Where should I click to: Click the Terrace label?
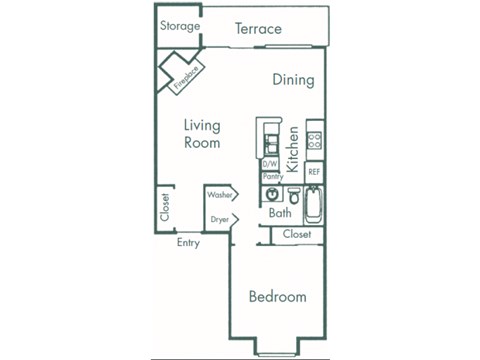pyautogui.click(x=258, y=29)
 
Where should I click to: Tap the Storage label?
pyautogui.click(x=180, y=26)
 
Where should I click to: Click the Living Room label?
pyautogui.click(x=201, y=134)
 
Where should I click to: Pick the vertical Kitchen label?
pyautogui.click(x=294, y=149)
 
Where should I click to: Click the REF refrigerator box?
pyautogui.click(x=314, y=172)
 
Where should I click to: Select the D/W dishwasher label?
pyautogui.click(x=269, y=164)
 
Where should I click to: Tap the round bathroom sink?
pyautogui.click(x=270, y=195)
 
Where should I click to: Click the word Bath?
pyautogui.click(x=280, y=213)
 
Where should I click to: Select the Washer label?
pyautogui.click(x=219, y=195)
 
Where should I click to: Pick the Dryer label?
pyautogui.click(x=219, y=218)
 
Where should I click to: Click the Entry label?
pyautogui.click(x=187, y=242)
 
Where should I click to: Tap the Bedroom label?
pyautogui.click(x=277, y=297)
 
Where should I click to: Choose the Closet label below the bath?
pyautogui.click(x=296, y=234)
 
